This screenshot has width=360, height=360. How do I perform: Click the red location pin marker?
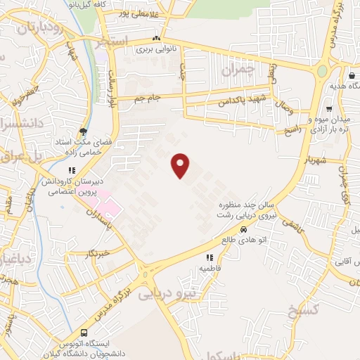[181, 165]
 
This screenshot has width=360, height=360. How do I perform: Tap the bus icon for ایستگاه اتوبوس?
[84, 333]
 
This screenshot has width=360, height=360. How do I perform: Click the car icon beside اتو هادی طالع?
[243, 229]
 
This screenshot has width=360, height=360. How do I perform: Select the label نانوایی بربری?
[154, 50]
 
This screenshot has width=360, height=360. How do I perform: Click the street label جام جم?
[148, 98]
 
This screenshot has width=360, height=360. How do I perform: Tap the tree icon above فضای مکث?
[84, 130]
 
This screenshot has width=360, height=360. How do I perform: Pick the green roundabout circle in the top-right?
[323, 71]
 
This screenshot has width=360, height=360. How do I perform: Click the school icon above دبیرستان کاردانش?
[71, 169]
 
